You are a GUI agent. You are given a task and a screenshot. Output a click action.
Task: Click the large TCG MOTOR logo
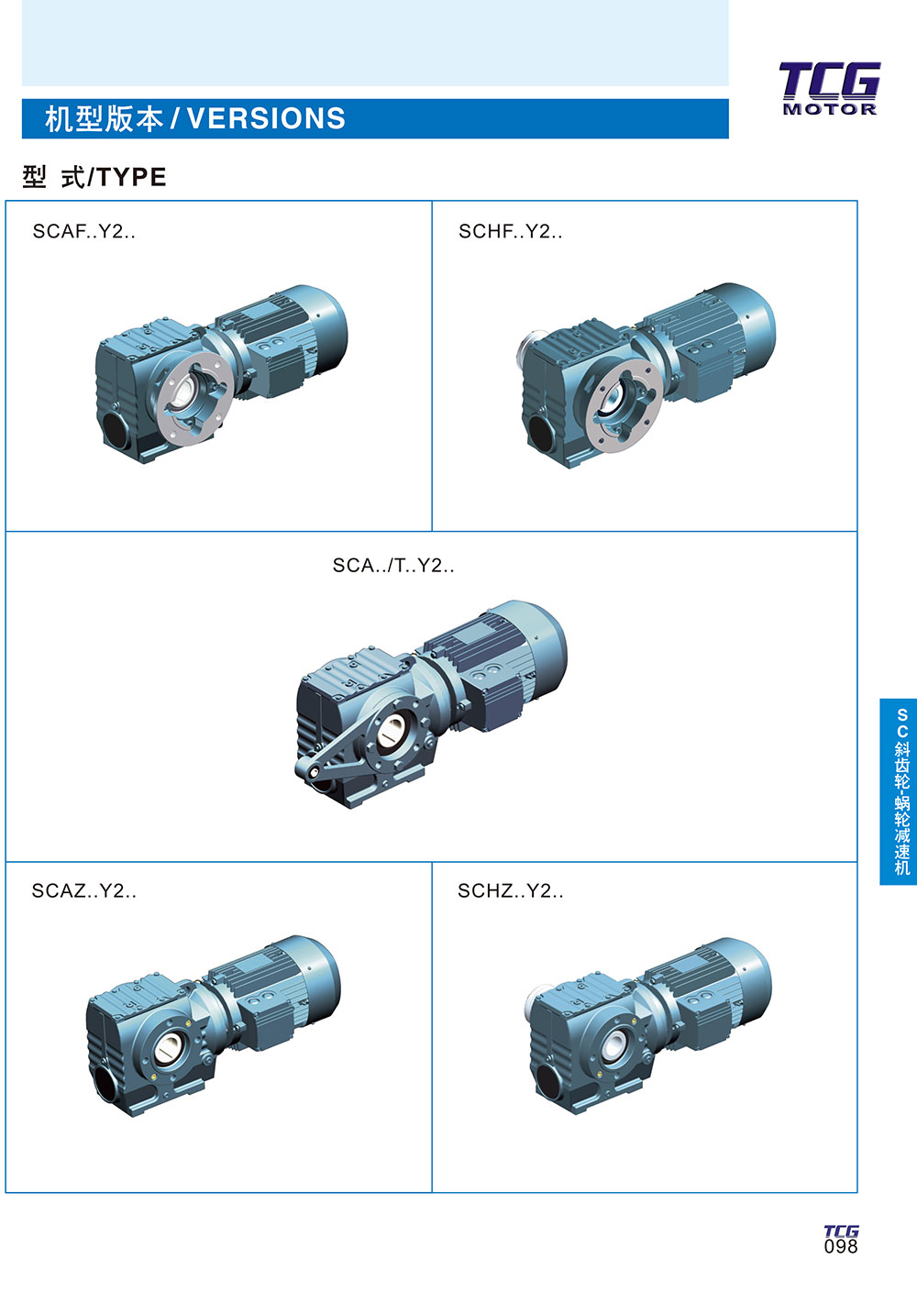click(x=830, y=89)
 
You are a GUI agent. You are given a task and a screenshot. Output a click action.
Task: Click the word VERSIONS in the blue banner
click(x=266, y=118)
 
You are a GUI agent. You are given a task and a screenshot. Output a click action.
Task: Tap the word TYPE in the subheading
click(x=131, y=177)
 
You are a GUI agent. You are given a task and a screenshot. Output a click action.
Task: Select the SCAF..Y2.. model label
click(x=83, y=231)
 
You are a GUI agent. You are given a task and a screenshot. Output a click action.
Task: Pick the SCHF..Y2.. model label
click(x=511, y=231)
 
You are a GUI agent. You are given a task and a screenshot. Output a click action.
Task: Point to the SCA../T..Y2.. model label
click(x=393, y=565)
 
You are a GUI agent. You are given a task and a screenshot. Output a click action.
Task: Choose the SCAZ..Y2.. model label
click(x=83, y=890)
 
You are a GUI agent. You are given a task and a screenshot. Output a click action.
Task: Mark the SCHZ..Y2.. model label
click(x=511, y=890)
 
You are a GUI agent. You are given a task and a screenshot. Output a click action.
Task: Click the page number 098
click(x=841, y=1246)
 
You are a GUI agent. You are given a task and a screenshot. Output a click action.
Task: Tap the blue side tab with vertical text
click(x=899, y=791)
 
